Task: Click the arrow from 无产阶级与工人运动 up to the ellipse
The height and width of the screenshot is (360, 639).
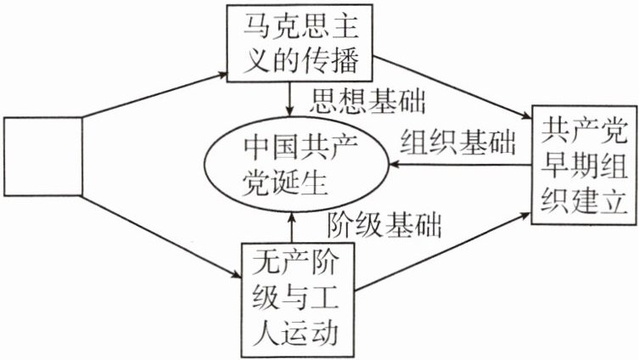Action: (290, 225)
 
